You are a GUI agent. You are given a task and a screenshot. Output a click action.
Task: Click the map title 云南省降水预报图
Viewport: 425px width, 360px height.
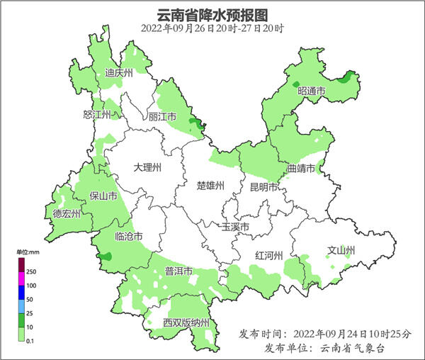[x=212, y=14]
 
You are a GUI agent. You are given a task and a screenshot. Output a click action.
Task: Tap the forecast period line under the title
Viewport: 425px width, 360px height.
[x=212, y=28]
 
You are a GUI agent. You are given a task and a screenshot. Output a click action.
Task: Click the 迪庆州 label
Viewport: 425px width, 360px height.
[x=119, y=73]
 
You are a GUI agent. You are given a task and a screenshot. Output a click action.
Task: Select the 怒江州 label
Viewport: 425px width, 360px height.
[x=97, y=115]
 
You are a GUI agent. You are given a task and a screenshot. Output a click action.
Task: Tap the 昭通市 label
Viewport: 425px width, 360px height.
[x=311, y=91]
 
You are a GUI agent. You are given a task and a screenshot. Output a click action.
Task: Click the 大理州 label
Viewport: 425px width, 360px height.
[x=148, y=168]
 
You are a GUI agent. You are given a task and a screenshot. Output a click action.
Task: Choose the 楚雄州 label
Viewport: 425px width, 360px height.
[x=210, y=186]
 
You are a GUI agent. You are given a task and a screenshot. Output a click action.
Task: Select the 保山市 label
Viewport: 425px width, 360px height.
[x=103, y=196]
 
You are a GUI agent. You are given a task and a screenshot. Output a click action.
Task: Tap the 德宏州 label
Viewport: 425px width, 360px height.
[x=67, y=213]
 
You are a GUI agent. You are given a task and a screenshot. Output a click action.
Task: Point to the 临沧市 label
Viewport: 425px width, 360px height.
[x=129, y=236]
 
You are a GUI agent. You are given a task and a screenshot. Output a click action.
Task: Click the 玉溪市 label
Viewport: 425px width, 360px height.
[x=235, y=227]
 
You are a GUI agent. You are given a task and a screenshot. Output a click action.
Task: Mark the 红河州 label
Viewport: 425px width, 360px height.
[x=269, y=256]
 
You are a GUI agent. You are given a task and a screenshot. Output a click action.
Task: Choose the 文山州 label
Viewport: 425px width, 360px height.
[x=341, y=250]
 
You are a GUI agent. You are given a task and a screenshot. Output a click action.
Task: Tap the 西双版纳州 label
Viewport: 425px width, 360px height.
[x=186, y=323]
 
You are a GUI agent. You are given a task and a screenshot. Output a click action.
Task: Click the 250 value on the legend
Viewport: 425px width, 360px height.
[x=31, y=271]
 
